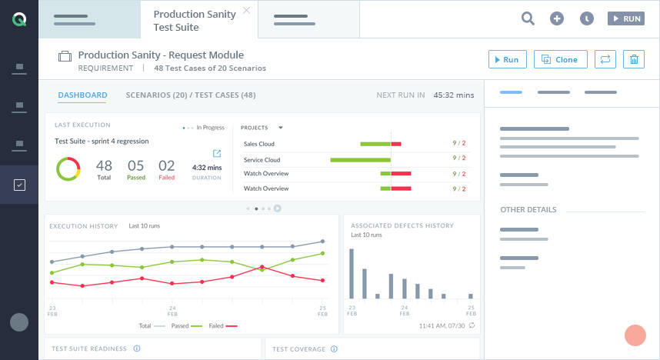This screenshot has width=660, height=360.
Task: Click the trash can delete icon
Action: pyautogui.click(x=633, y=59)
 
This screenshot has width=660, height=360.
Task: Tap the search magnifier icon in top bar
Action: pyautogui.click(x=528, y=19)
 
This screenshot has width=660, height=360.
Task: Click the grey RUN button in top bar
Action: pyautogui.click(x=625, y=19)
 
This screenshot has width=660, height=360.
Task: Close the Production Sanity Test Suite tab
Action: pyautogui.click(x=246, y=11)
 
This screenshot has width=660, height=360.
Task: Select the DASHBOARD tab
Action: pyautogui.click(x=82, y=95)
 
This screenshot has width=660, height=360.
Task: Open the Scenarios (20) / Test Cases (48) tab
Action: pyautogui.click(x=190, y=95)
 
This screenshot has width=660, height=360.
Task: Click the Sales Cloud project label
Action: pyautogui.click(x=259, y=144)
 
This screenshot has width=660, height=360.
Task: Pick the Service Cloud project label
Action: pyautogui.click(x=262, y=160)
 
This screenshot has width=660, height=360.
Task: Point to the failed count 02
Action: pyautogui.click(x=166, y=165)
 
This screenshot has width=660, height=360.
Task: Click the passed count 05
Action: pyautogui.click(x=135, y=165)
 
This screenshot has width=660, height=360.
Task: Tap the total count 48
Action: pyautogui.click(x=104, y=165)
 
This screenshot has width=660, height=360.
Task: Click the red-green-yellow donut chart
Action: pyautogui.click(x=68, y=168)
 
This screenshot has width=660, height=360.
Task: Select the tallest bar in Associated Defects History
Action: pyautogui.click(x=352, y=273)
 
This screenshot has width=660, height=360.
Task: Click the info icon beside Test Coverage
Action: pyautogui.click(x=333, y=349)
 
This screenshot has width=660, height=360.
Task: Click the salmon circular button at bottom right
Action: pyautogui.click(x=635, y=335)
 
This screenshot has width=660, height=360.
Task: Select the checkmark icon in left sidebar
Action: pyautogui.click(x=20, y=185)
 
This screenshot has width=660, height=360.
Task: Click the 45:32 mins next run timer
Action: pyautogui.click(x=453, y=95)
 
